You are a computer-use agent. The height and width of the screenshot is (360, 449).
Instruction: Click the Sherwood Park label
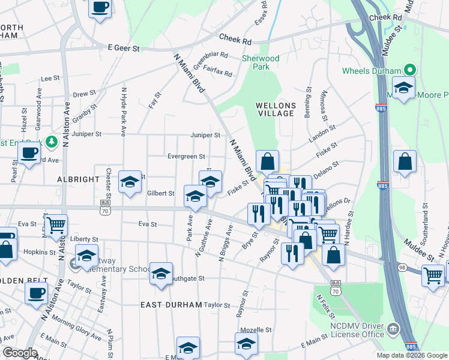pyautogui.click(x=261, y=62)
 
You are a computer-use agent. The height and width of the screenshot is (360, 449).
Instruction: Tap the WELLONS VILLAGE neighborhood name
pyautogui.click(x=275, y=109)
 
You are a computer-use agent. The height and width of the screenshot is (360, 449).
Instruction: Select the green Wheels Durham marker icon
pyautogui.click(x=410, y=71)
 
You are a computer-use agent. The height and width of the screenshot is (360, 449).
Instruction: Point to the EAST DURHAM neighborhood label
pyautogui.click(x=171, y=305)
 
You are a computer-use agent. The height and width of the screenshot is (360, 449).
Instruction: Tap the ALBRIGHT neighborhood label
pyautogui.click(x=77, y=179)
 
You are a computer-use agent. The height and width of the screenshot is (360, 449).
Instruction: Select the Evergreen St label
pyautogui.click(x=187, y=157)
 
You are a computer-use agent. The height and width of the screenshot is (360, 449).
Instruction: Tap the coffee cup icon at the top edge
pyautogui.click(x=100, y=8)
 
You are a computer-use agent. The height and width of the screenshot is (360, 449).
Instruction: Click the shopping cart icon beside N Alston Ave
pyautogui.click(x=56, y=226)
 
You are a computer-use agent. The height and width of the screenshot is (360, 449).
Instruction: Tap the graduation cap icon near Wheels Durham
pyautogui.click(x=404, y=88)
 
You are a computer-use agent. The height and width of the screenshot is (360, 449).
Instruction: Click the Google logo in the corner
pyautogui.click(x=20, y=353)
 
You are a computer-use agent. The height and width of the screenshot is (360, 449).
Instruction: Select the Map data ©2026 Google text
pyautogui.click(x=411, y=355)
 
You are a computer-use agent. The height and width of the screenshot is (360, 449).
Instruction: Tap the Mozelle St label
pyautogui.click(x=256, y=330)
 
